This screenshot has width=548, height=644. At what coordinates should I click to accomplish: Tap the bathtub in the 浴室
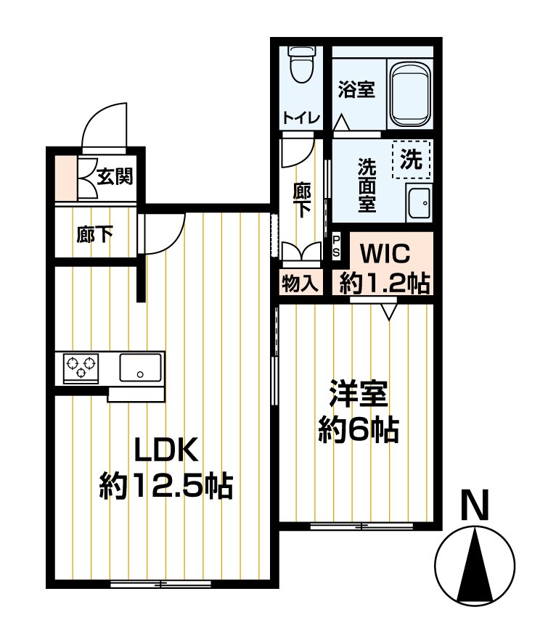tap(411, 95)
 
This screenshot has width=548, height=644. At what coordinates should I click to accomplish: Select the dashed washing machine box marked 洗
tap(412, 160)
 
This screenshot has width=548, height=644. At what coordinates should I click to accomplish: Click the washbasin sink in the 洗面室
tap(419, 203)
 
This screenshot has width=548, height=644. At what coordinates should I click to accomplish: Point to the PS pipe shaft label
tap(336, 246)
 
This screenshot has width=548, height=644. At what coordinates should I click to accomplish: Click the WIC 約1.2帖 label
tap(385, 268)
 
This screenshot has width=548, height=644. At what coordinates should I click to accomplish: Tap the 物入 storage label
tap(300, 283)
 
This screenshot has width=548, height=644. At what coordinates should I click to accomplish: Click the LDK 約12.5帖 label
tap(166, 468)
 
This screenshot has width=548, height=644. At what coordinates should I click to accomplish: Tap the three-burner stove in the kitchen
tap(81, 367)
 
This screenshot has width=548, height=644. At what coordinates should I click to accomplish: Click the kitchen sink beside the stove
tap(140, 368)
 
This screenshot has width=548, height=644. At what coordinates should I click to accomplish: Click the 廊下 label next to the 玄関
tap(94, 236)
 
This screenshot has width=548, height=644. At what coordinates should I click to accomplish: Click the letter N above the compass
tap(475, 505)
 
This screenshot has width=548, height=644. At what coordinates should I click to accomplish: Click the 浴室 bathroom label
tap(357, 89)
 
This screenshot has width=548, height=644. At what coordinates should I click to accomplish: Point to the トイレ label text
tap(301, 118)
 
